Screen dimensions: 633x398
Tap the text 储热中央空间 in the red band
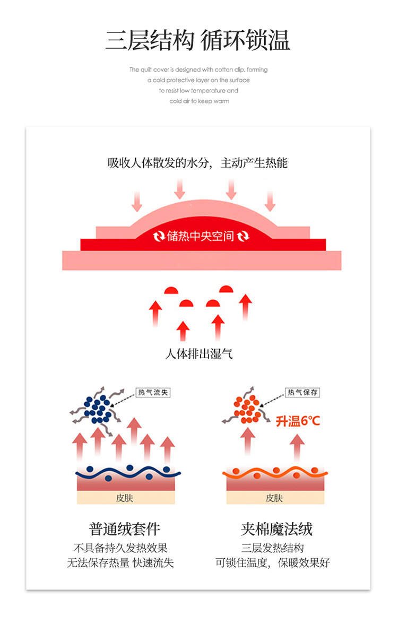click(x=201, y=236)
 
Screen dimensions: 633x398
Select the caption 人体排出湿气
click(x=199, y=353)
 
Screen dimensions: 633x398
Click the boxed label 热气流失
click(x=153, y=393)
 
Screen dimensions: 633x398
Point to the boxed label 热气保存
click(x=303, y=393)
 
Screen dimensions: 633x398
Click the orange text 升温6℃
click(x=298, y=421)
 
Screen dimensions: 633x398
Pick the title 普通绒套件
click(x=125, y=528)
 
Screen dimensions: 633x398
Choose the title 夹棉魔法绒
click(x=276, y=528)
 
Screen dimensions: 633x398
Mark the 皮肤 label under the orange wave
click(x=274, y=498)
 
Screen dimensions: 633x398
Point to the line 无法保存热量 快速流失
click(x=120, y=563)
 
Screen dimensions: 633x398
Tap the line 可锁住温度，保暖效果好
click(x=273, y=563)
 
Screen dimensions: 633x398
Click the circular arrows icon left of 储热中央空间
click(x=159, y=236)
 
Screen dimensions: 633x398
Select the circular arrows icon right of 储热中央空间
click(x=244, y=236)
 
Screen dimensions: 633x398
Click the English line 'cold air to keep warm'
click(x=200, y=101)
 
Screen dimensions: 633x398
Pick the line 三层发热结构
click(x=273, y=548)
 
